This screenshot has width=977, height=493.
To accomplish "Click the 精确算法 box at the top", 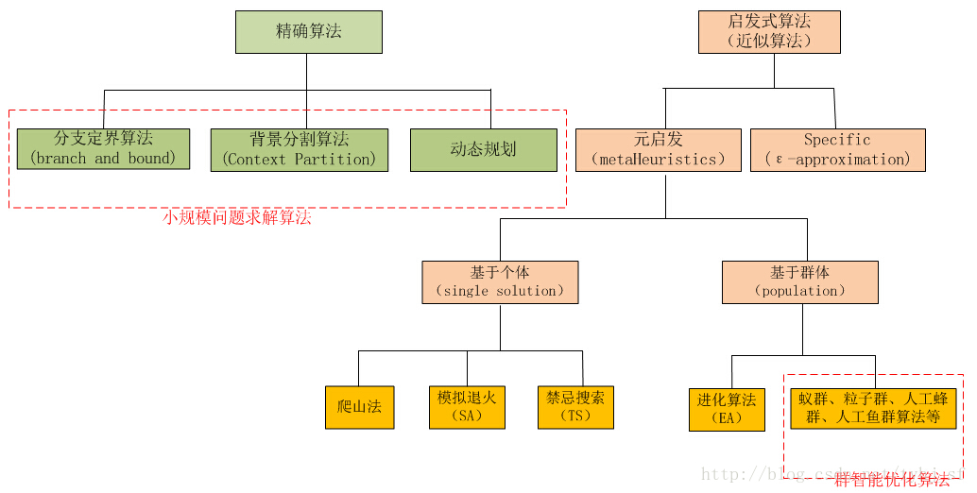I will coord(308,32).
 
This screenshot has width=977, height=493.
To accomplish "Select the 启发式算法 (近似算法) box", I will coord(768,32).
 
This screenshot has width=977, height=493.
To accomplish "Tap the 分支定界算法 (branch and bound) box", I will coord(103,149).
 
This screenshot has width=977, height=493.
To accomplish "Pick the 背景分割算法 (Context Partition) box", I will coord(299,149).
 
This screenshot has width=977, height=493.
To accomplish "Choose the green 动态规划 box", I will coord(483,150).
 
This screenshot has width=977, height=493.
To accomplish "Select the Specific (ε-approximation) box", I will coord(837,150).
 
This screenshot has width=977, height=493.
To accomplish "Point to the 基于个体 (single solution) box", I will coord(500,281).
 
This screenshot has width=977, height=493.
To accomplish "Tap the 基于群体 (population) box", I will coord(799,281).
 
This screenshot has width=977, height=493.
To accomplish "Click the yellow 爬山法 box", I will coord(359,407).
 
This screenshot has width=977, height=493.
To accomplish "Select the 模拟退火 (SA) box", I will coord(467,407).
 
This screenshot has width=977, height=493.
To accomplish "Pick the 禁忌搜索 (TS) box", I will coord(574,407).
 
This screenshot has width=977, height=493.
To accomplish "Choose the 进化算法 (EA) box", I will coord(727,409).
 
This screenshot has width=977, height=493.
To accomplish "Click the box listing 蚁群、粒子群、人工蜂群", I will coord(873,408).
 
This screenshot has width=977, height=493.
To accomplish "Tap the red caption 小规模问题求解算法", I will coord(236,218).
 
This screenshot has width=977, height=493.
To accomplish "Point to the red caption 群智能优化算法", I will coord(891,480).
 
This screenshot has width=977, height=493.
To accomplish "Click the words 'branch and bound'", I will coord(103,159).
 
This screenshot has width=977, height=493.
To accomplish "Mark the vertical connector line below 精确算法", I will coord(306,72).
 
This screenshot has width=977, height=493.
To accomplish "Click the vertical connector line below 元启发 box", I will coord(665,195).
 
